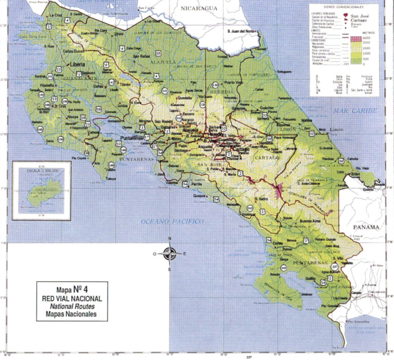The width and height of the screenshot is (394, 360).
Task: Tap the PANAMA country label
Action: (365, 227)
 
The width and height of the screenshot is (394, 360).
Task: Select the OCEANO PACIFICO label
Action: (172, 221)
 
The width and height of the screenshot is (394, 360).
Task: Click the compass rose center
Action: (170, 253)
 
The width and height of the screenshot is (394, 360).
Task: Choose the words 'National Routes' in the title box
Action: (71, 306)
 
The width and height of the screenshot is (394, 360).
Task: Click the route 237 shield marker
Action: (336, 267)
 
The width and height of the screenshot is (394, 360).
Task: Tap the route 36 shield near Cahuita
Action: (341, 162)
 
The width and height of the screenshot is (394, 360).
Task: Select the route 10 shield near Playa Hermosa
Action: (269, 139)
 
